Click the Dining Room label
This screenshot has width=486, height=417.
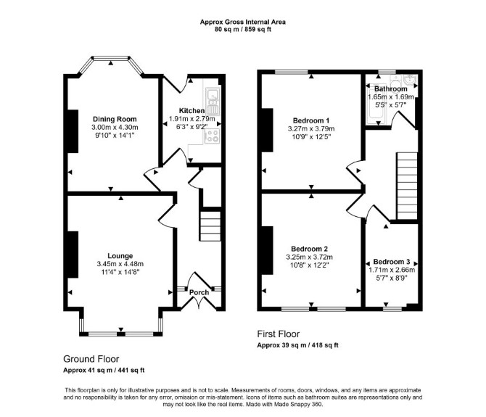click(x=115, y=119)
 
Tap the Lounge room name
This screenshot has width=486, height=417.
click(x=120, y=256)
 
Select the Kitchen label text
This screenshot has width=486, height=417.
click(x=191, y=111)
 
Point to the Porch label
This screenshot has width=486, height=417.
click(x=199, y=292)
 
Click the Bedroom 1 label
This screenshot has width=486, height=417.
click(x=311, y=120)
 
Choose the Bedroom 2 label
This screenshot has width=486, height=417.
click(x=309, y=249)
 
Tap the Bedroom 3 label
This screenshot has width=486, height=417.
click(x=392, y=262)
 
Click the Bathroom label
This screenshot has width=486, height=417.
click(x=391, y=89)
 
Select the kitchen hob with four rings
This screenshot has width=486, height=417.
click(x=213, y=136)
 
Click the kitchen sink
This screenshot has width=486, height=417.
click(x=213, y=101)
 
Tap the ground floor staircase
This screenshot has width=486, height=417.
click(x=210, y=226)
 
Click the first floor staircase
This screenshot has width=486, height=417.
click(x=407, y=186)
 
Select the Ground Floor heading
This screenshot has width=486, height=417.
click(x=91, y=359)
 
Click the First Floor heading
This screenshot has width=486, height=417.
click(x=279, y=334)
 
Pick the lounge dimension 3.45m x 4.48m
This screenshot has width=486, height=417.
click(x=120, y=264)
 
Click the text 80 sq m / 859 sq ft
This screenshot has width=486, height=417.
click(x=243, y=30)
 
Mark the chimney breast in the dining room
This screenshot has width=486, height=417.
click(x=73, y=131)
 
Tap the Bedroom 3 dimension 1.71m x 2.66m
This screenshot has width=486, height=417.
click(x=392, y=270)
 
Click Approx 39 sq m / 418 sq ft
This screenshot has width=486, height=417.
click(x=298, y=345)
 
